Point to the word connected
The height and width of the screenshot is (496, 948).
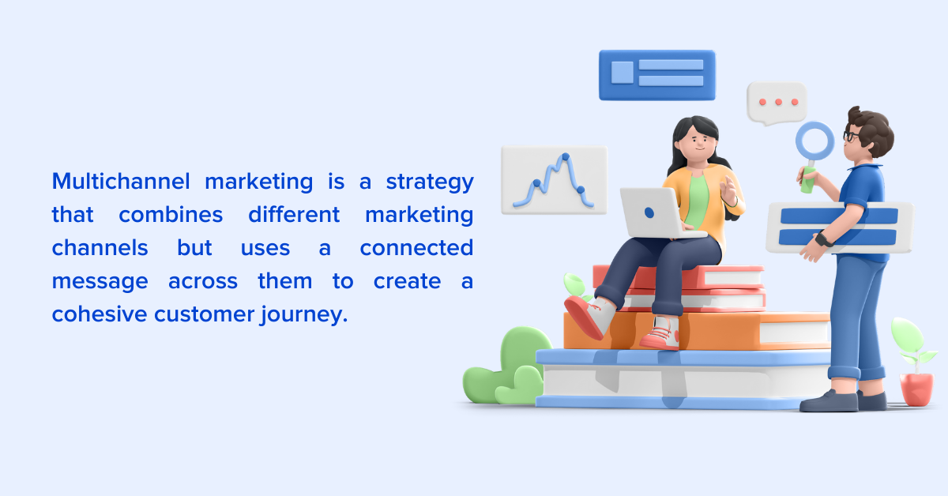pyautogui.click(x=416, y=247)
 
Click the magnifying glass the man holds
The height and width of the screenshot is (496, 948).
pyautogui.click(x=814, y=143)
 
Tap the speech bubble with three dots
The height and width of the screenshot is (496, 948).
pyautogui.click(x=777, y=103)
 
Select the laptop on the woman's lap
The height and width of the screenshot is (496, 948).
pyautogui.click(x=653, y=212)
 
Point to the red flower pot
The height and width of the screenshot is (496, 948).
pyautogui.click(x=916, y=389)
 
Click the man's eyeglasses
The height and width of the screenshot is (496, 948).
pyautogui.click(x=851, y=136)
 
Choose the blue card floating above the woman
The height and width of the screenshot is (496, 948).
pyautogui.click(x=656, y=75)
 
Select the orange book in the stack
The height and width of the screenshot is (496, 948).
pyautogui.click(x=695, y=330)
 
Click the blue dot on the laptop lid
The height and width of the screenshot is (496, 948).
pyautogui.click(x=649, y=212)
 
